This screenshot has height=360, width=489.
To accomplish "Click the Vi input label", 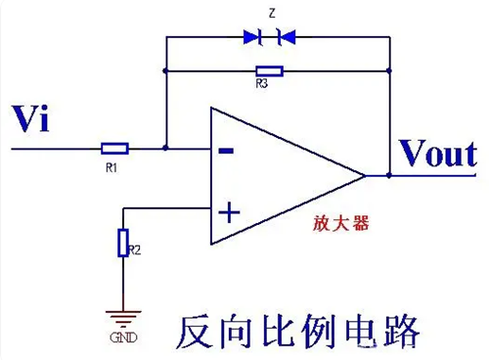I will (x=29, y=120).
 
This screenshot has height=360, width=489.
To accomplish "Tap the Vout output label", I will (x=437, y=154).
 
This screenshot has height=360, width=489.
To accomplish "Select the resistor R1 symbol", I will (x=114, y=149).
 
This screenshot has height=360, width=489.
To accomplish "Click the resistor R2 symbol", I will (x=123, y=242).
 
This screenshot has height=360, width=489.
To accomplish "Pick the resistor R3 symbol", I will (x=268, y=70).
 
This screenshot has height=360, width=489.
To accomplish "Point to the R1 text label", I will (x=111, y=167).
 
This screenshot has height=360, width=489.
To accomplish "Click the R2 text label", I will (x=135, y=250).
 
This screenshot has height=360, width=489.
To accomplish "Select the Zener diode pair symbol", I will (x=268, y=37).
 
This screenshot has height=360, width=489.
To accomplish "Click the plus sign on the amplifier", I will (x=226, y=210).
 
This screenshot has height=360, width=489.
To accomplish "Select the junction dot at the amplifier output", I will (x=389, y=176).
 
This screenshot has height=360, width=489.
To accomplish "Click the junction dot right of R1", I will (x=165, y=149).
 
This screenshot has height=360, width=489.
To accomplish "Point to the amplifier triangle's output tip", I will (x=364, y=176).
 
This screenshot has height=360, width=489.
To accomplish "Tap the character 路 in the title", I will (x=396, y=332).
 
